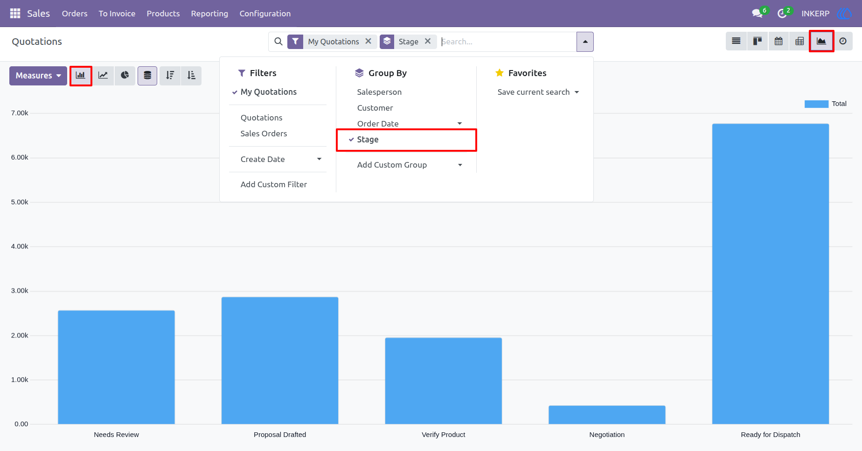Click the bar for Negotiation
point(607,415)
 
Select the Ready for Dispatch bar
point(771,274)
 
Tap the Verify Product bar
point(444,381)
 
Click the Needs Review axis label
point(116,435)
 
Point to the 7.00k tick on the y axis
point(20,113)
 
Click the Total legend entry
point(826,104)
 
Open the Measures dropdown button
point(38,76)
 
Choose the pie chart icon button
point(125,76)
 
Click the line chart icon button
point(103,76)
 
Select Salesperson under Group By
point(379,92)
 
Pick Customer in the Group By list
point(375,108)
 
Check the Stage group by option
point(368,140)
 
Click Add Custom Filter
point(274,184)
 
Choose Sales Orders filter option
point(264,134)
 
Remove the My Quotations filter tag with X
point(368,41)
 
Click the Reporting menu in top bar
point(209,14)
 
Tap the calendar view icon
point(779,41)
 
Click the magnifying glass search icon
point(278,42)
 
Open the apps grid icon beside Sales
point(15,14)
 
